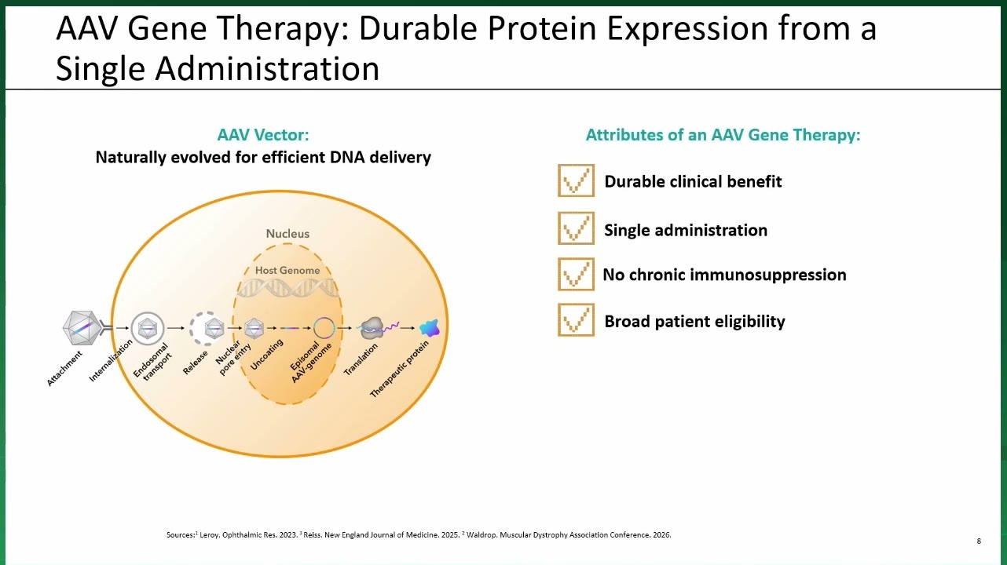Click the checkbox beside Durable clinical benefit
coord(576,180)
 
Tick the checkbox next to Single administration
coord(576,228)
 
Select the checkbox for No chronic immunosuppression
coord(576,274)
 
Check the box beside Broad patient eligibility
coord(576,320)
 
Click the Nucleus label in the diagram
coord(287,234)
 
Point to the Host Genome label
coord(287,271)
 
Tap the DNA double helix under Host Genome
coord(287,288)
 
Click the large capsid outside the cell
coord(82,328)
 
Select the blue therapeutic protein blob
coord(430,328)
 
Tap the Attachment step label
coord(64,368)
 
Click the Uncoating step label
coord(266,355)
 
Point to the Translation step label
coord(361,359)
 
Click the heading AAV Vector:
coord(263,135)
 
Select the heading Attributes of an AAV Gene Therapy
coord(723,135)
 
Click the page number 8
coord(979,541)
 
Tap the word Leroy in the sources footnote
coord(209,535)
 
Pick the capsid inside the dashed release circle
coord(214,328)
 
